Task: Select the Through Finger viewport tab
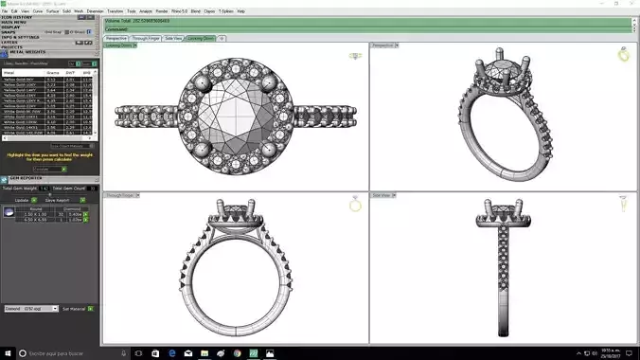pos(145,39)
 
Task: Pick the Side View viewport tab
pos(174,39)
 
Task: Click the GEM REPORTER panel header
pos(24,177)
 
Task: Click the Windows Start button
pos(8,352)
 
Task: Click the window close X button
pos(631,4)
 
